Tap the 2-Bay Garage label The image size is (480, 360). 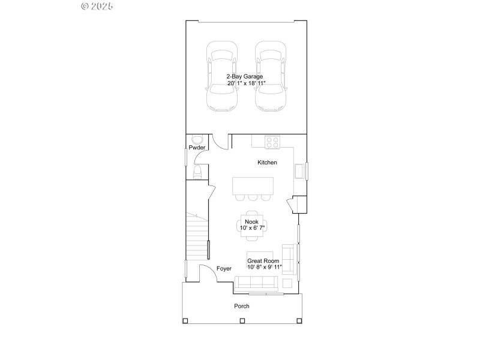(244, 76)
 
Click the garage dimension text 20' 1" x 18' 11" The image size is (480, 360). (246, 83)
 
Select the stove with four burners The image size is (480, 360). (273, 142)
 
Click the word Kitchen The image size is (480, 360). (267, 163)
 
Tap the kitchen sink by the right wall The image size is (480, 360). (299, 172)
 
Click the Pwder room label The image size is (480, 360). (197, 147)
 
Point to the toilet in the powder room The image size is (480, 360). (197, 173)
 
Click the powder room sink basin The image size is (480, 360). (193, 138)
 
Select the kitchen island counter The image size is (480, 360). (253, 185)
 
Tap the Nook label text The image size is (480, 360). (251, 221)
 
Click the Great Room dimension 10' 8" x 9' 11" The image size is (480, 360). (264, 267)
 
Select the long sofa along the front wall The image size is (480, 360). (256, 283)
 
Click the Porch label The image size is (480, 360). (242, 306)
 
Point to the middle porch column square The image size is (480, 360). (242, 320)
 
